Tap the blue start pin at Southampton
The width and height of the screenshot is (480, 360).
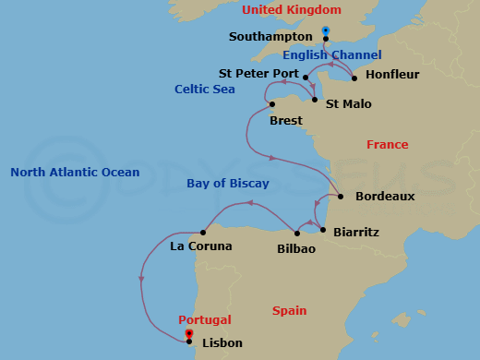coord(325,32)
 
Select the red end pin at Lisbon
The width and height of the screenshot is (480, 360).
coord(188,334)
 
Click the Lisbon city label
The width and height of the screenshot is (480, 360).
coord(222,343)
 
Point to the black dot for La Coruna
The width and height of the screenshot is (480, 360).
coord(203,233)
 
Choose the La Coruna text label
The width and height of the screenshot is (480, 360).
coord(201,246)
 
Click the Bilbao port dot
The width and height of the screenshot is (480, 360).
coord(297,234)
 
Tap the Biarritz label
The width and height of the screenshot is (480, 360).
coord(355,233)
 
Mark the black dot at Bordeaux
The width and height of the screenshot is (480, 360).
coord(341,197)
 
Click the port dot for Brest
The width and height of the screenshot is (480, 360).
coord(272,104)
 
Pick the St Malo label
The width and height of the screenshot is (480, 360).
coord(349,104)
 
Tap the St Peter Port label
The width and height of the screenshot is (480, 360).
coord(258,73)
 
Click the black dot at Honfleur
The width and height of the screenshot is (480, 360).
coord(354,78)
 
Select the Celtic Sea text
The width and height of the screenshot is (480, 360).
coord(205,89)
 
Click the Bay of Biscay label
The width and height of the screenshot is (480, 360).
coord(228,184)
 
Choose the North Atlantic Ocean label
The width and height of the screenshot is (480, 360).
coord(75,173)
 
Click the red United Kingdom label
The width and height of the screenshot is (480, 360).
coord(291,10)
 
